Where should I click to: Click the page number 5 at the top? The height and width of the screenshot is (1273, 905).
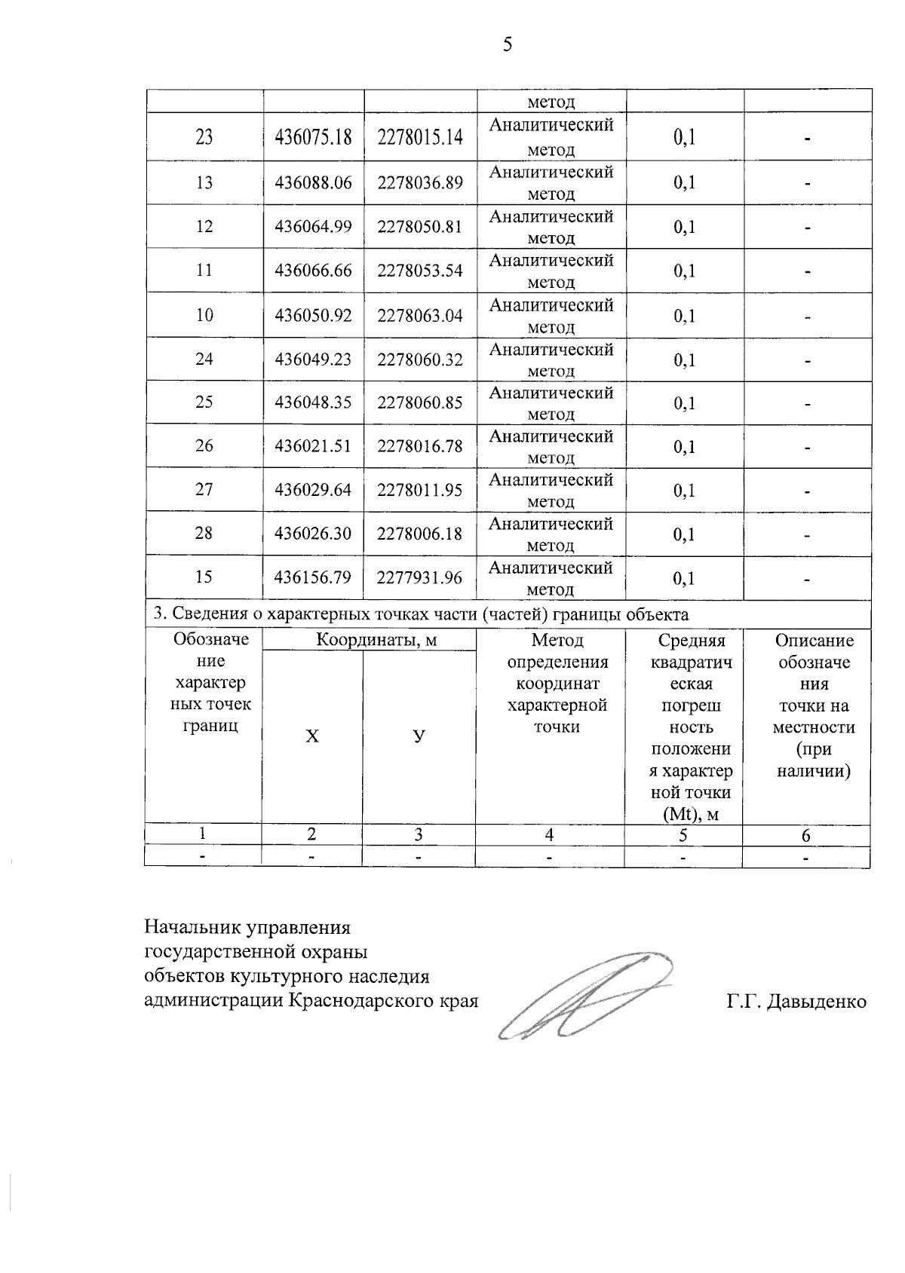coord(507,44)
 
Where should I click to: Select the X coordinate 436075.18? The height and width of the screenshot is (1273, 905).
coord(313,137)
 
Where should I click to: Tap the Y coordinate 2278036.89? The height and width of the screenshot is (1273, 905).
coord(419,182)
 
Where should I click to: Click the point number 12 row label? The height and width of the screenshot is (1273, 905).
coord(204,226)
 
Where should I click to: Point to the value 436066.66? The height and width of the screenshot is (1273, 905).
coord(313,270)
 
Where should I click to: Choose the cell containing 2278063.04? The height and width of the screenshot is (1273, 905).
coord(419,315)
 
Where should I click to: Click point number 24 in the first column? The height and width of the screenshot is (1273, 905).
coord(204,359)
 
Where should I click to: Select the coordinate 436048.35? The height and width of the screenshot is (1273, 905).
coord(313,402)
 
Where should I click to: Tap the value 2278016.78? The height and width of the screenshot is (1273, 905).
coord(419,445)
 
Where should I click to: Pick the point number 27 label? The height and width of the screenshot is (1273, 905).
coord(204,489)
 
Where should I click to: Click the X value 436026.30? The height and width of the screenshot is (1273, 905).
coord(313,533)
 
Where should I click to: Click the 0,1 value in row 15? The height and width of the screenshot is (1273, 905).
coord(684,578)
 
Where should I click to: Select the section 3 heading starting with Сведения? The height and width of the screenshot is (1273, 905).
coord(421,614)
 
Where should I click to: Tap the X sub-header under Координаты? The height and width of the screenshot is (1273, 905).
coord(311,736)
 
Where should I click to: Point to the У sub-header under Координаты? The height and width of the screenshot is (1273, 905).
coord(419,736)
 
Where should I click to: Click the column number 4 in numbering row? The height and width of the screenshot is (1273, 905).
coord(550,834)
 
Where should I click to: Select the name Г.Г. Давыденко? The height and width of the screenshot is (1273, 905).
coord(796,1002)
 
